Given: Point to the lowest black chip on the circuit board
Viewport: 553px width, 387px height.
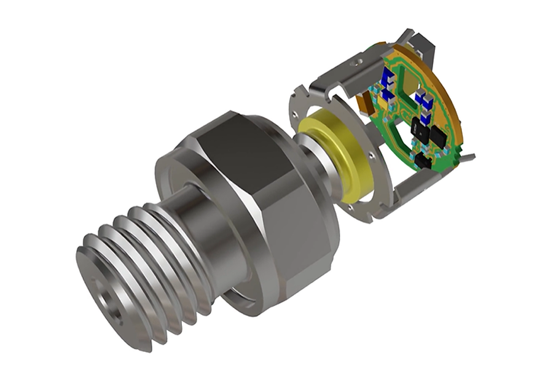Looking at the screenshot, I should click(423, 161).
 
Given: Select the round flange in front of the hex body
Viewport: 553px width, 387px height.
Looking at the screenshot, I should click(178, 184).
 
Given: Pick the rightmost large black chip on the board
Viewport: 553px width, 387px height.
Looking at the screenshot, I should click(437, 135).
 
